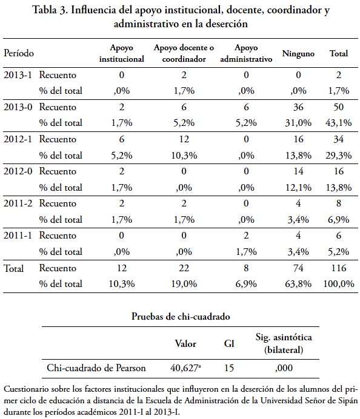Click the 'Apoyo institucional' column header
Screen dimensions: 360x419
121,53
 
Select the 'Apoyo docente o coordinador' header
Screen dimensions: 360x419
184,53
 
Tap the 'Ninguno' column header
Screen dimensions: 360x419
298,53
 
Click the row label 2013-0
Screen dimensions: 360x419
18,107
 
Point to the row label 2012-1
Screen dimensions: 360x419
18,139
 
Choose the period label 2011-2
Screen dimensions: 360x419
18,203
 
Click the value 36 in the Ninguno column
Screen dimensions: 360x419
298,107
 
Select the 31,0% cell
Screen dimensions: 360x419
298,123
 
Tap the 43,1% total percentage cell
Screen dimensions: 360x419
339,123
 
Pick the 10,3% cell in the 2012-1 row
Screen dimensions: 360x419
184,155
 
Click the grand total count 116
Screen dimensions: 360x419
339,268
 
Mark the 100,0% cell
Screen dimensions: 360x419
339,284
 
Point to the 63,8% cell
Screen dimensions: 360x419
298,284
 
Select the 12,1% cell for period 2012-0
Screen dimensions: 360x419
298,187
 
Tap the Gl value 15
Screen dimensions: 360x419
229,368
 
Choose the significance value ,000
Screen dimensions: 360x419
284,368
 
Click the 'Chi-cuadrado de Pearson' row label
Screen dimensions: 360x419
96,368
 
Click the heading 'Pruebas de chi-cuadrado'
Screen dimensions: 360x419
181,317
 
